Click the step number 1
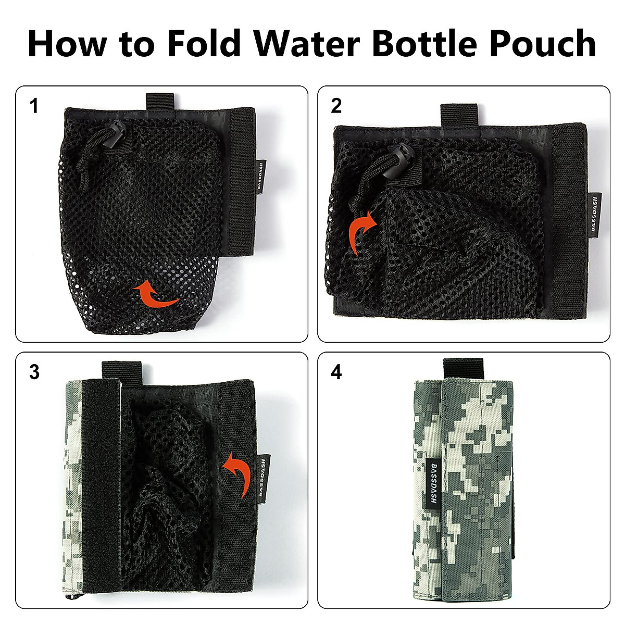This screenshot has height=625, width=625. [x=34, y=106]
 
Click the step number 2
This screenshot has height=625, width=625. [x=336, y=106]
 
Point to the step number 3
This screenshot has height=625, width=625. [x=34, y=372]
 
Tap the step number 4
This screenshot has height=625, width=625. [x=336, y=372]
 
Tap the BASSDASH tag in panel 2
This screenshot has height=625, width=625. [x=596, y=213]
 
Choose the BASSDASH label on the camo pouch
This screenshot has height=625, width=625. [x=434, y=483]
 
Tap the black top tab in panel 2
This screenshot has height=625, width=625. [x=459, y=114]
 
